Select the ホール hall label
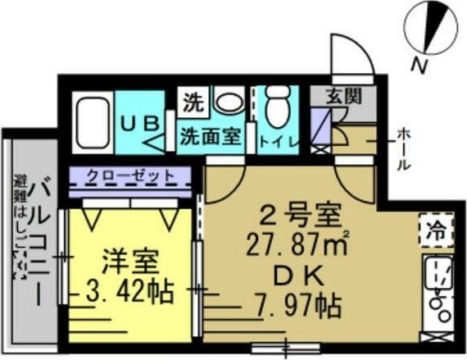[x=404, y=148]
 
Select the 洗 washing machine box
[x=193, y=103]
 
